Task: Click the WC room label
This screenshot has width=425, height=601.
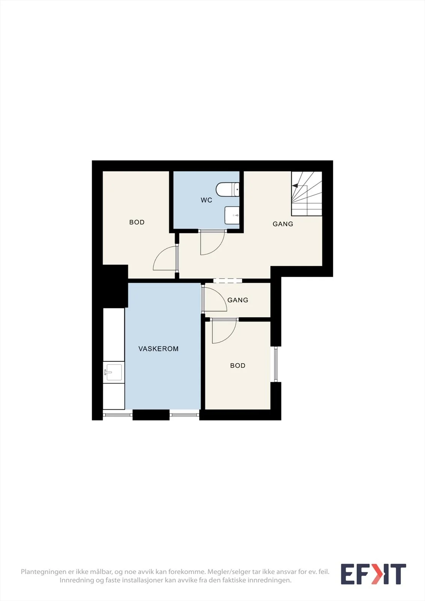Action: (x=206, y=200)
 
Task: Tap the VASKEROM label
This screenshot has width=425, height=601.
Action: (x=159, y=349)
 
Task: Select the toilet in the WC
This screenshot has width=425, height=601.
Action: (x=227, y=189)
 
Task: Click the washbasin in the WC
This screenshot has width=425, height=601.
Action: (x=232, y=215)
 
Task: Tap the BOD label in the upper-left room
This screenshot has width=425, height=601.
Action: (x=137, y=222)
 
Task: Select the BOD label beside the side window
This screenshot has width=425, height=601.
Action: (x=237, y=365)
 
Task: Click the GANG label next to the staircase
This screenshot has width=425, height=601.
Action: (x=283, y=224)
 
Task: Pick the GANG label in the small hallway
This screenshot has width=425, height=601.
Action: (x=237, y=300)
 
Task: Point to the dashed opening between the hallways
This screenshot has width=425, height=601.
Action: (x=228, y=281)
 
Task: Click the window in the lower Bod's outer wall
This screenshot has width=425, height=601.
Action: (x=276, y=364)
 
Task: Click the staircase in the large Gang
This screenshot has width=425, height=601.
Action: (x=307, y=193)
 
